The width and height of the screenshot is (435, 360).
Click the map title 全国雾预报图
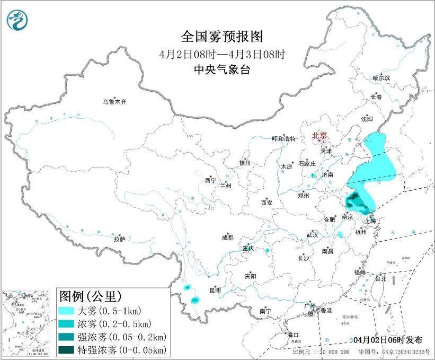(x=221, y=37)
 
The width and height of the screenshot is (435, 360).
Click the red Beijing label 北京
(x=320, y=135)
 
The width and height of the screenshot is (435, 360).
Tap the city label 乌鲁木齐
(x=115, y=102)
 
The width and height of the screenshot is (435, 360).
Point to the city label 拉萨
(x=119, y=239)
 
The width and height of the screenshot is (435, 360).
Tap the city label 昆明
(x=215, y=290)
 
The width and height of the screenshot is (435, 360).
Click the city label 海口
(x=292, y=335)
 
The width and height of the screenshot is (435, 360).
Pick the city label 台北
(x=380, y=278)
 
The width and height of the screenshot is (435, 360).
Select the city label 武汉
(x=312, y=234)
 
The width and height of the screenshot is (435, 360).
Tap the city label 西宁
(x=210, y=181)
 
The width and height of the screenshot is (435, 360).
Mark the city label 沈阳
(x=367, y=119)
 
